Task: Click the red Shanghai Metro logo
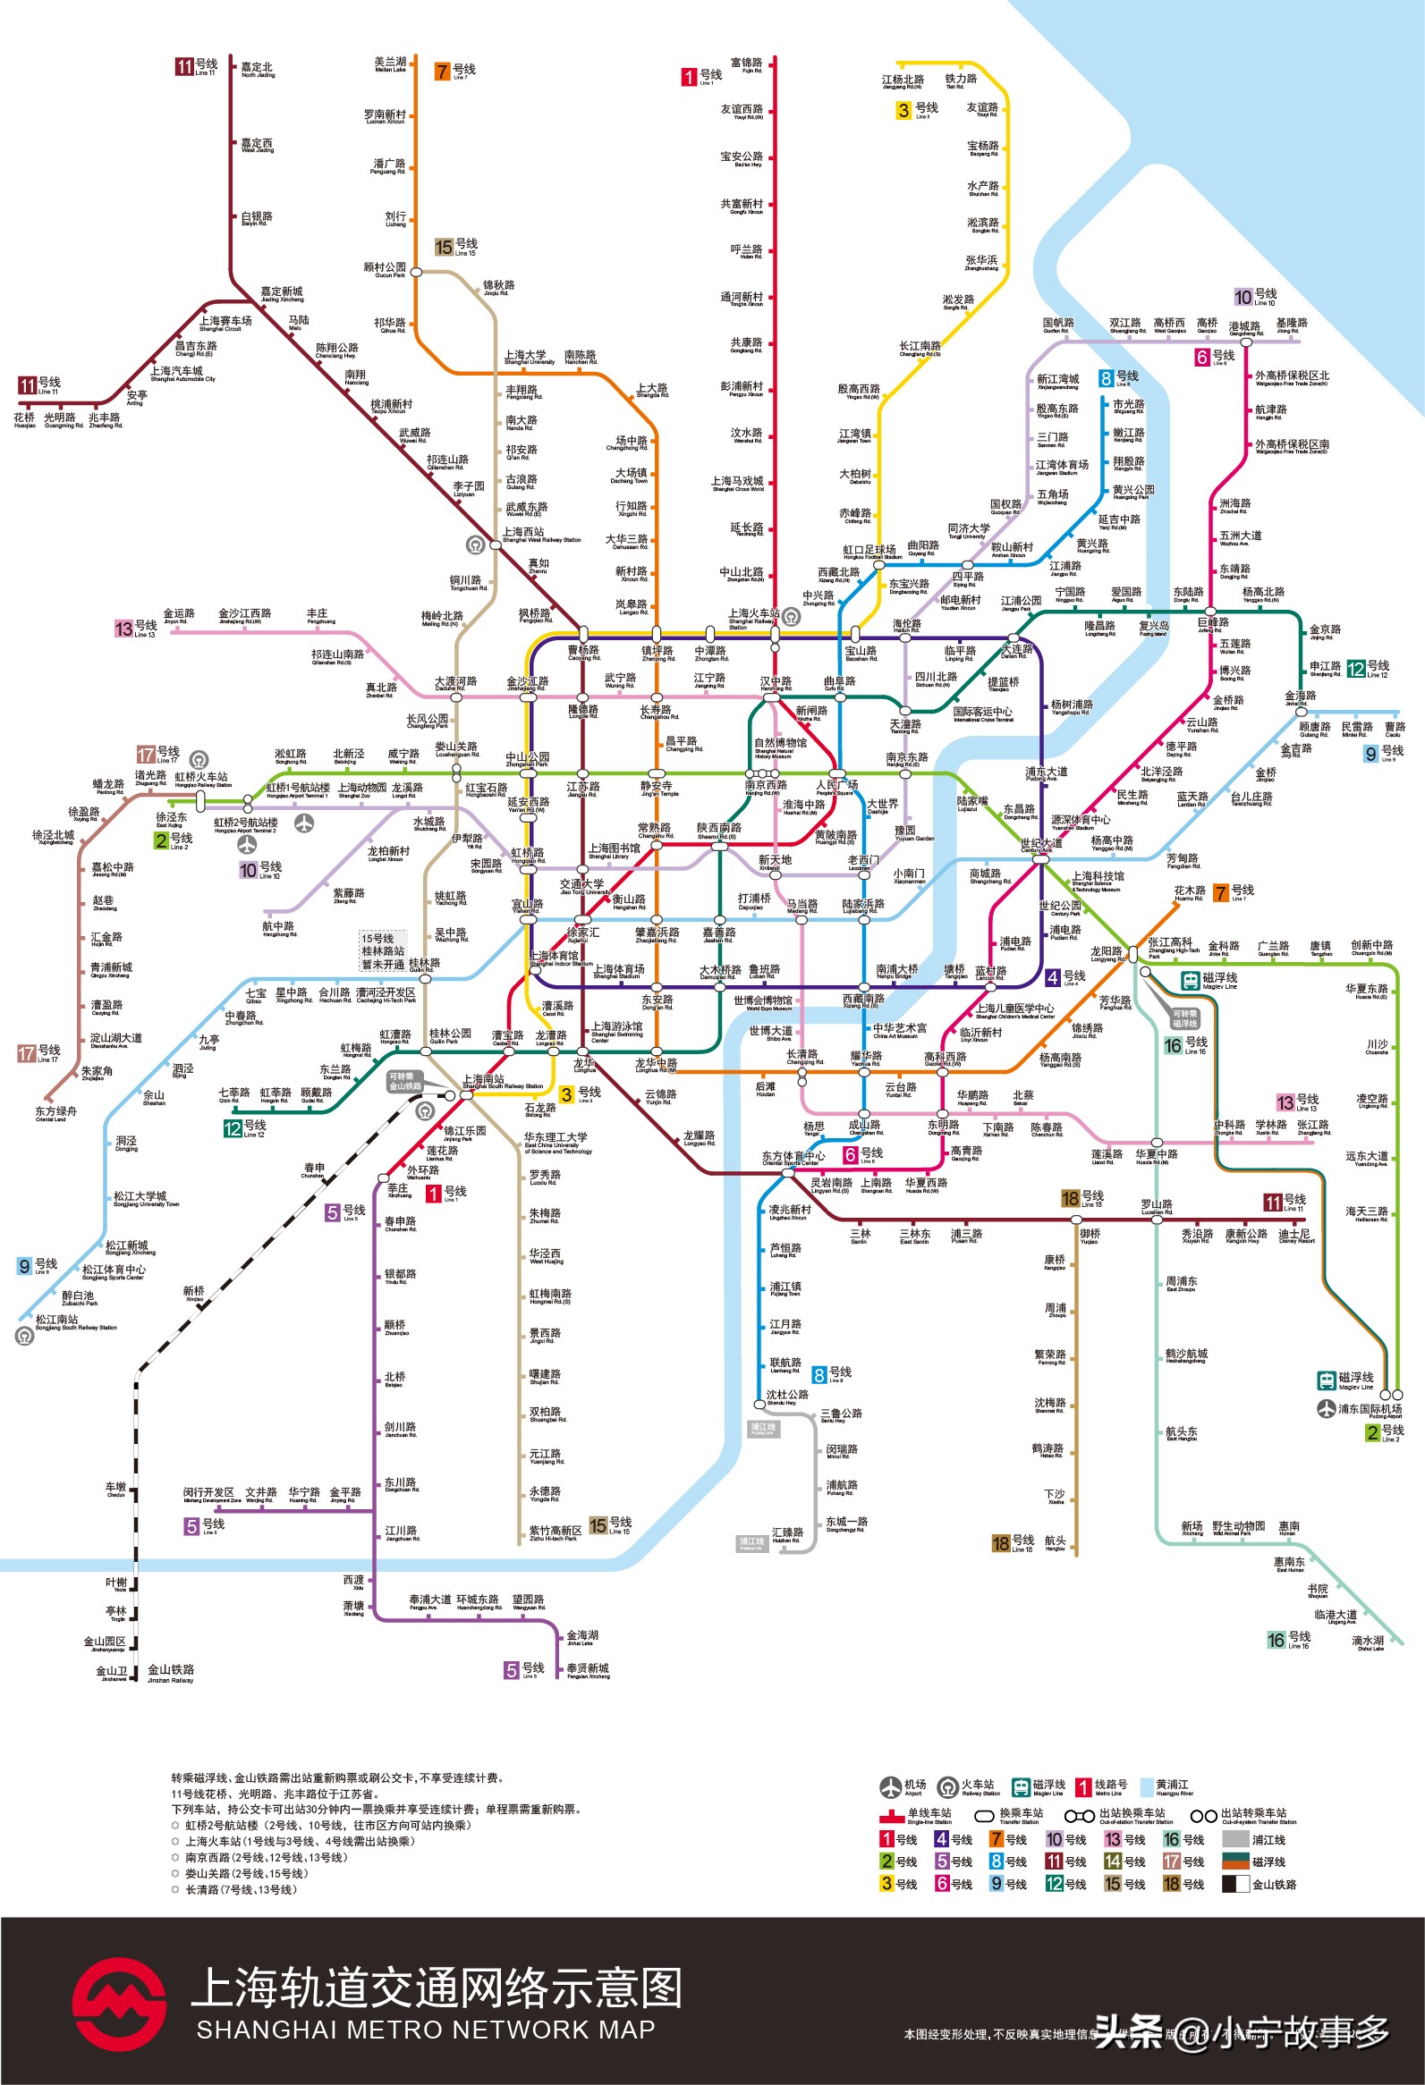118,2004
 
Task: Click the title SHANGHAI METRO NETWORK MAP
425,2030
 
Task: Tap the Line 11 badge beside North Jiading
185,66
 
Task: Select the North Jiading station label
258,70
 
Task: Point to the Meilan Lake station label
390,63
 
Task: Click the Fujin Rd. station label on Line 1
747,64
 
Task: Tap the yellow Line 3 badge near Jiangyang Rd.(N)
904,110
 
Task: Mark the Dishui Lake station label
1368,1642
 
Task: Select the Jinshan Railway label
171,1672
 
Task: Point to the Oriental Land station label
55,1112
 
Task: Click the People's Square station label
836,787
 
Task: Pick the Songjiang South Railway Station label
67,1321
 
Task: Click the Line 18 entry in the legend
1182,1883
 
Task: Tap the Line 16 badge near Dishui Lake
1276,1641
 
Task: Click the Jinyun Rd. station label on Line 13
178,615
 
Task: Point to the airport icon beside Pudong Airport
1327,1408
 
